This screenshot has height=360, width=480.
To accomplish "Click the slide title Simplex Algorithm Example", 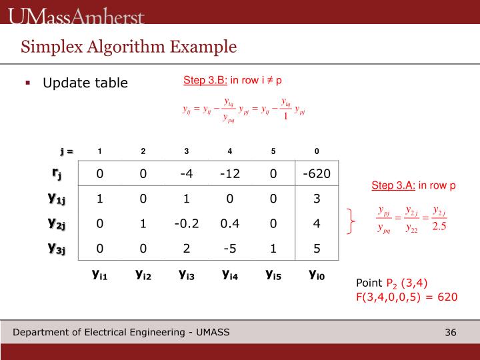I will click(x=129, y=47).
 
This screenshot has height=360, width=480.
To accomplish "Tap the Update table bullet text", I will click(x=85, y=83).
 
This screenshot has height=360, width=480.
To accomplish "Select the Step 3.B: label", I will click(x=205, y=80).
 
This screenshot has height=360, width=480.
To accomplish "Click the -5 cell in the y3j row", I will click(x=230, y=248).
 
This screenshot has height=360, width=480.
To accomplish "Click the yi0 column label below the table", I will click(x=317, y=273).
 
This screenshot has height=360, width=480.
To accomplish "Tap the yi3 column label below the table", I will click(x=187, y=273).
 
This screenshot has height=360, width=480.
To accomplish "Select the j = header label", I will click(x=65, y=151).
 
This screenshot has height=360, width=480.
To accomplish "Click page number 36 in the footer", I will click(x=450, y=333).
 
